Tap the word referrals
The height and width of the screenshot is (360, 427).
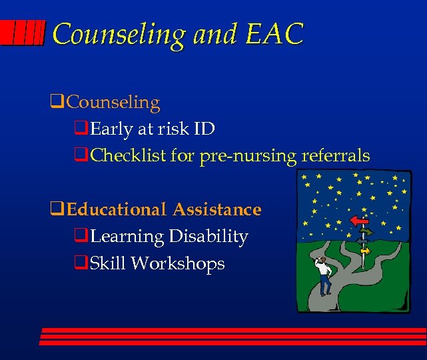click(336, 155)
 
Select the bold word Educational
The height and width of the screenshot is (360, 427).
click(117, 209)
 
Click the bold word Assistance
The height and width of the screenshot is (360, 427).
click(217, 209)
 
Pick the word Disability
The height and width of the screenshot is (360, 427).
click(209, 237)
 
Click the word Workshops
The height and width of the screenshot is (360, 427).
click(178, 263)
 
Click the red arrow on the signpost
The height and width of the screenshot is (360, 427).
click(359, 220)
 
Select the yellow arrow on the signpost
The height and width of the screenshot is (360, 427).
click(364, 251)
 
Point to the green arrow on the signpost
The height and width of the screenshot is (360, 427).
click(366, 232)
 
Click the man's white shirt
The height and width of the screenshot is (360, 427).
click(324, 269)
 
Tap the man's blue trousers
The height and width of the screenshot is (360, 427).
click(325, 285)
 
